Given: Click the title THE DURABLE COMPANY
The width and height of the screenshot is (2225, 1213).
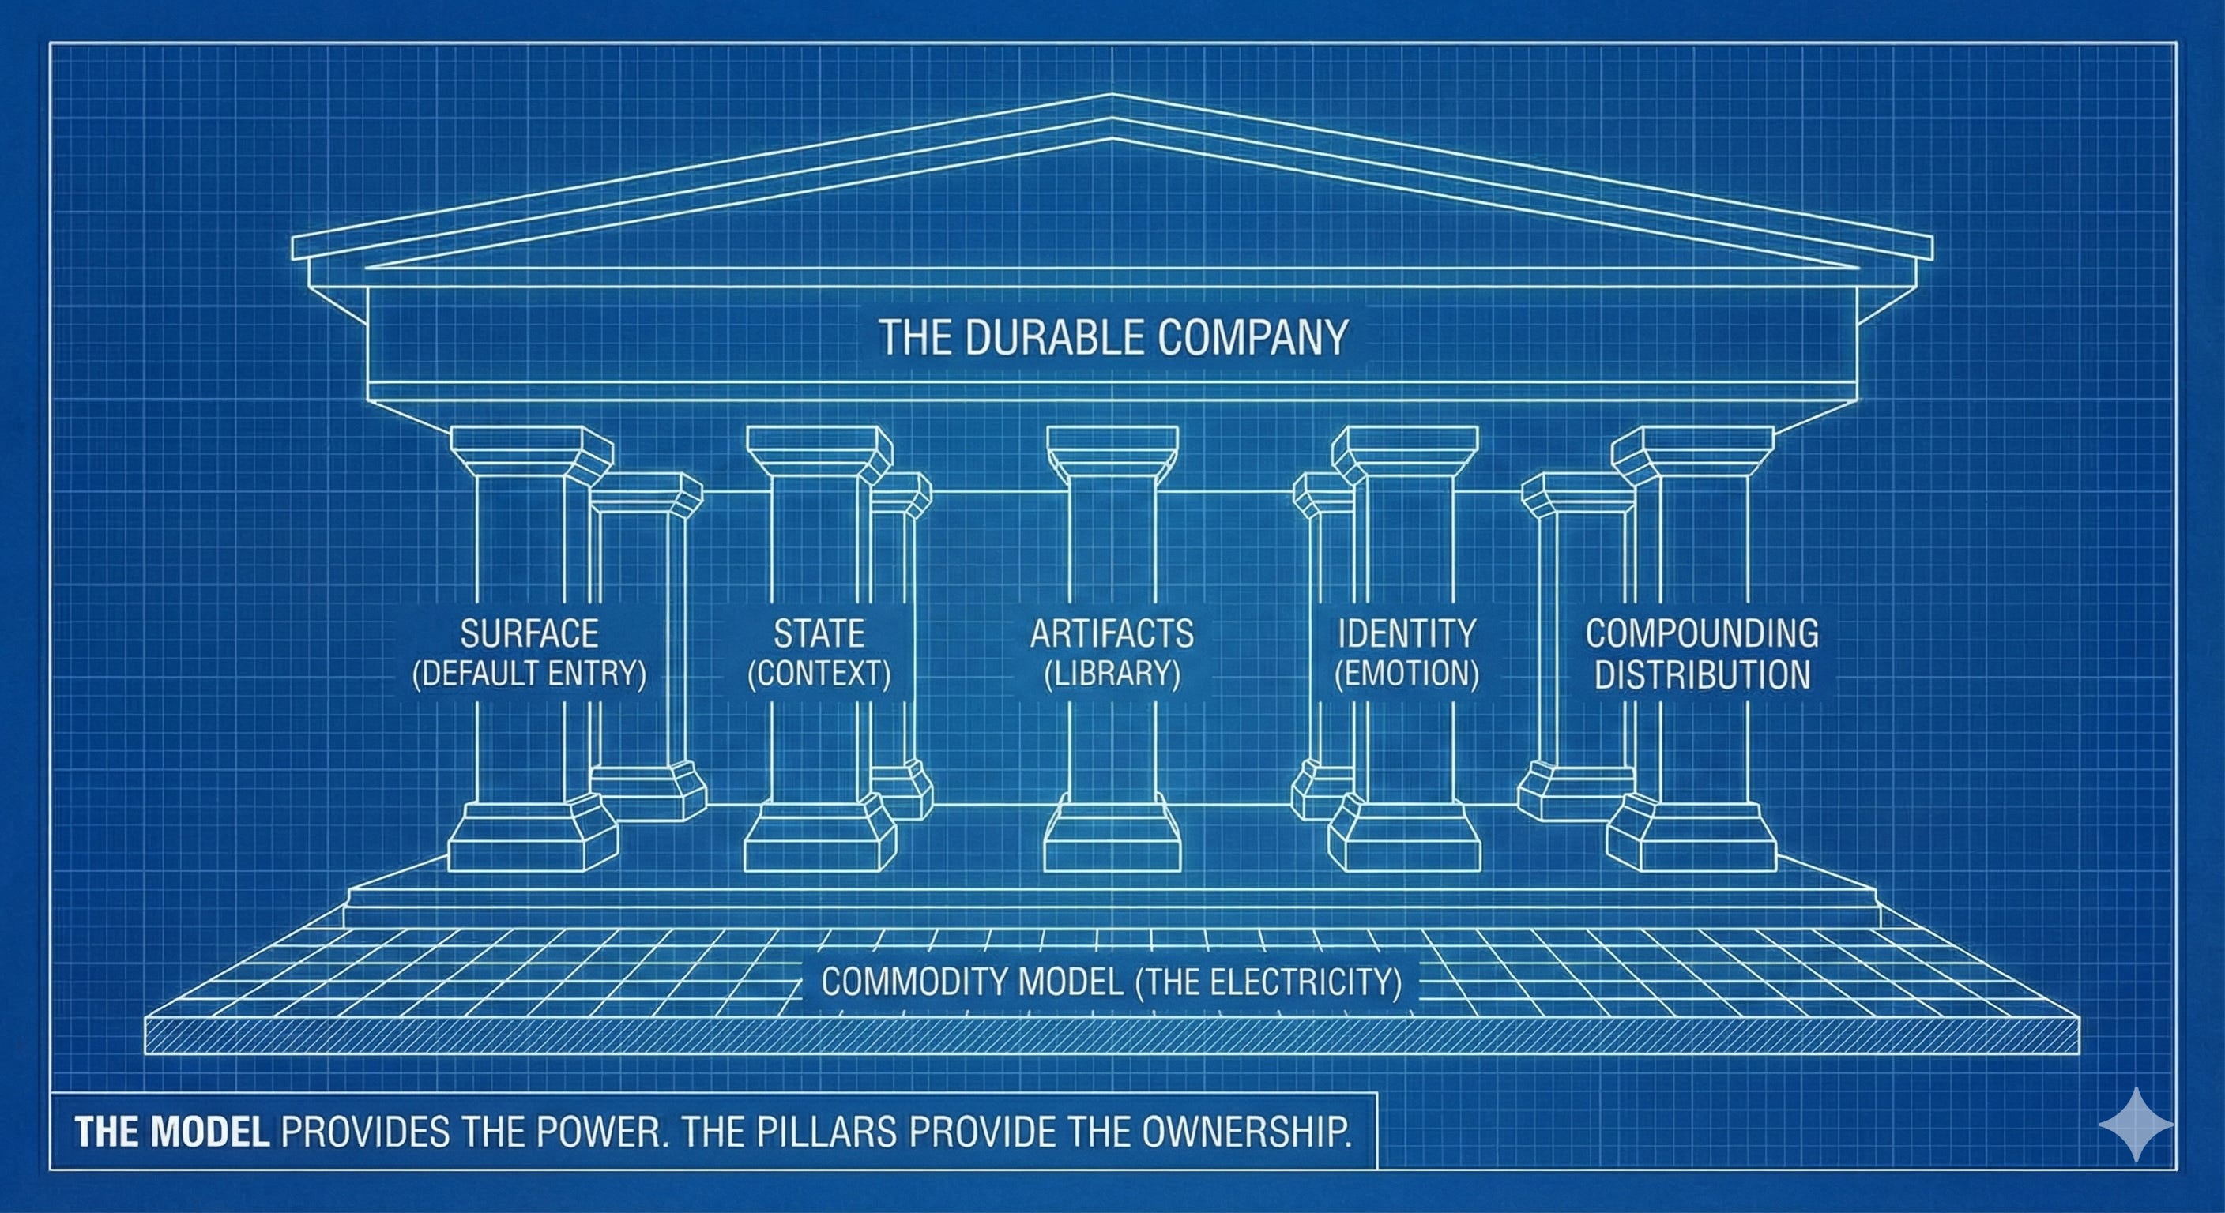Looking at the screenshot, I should tap(1112, 337).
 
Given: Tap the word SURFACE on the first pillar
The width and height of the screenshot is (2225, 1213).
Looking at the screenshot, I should tap(529, 633).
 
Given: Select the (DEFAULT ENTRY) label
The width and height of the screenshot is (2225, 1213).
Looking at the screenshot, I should tap(529, 674).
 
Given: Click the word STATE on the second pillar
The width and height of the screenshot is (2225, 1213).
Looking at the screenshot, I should tap(819, 633).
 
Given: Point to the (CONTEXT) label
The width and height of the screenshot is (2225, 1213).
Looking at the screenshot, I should tap(819, 674).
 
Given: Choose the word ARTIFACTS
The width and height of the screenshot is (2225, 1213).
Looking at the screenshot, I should tap(1112, 633).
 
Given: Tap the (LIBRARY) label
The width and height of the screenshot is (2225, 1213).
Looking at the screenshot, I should tap(1112, 674).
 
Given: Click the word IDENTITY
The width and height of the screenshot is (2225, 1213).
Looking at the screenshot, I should tap(1407, 633).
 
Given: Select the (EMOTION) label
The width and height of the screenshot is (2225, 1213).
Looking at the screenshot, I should tap(1407, 674).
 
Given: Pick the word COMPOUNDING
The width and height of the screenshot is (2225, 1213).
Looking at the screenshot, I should tap(1702, 633).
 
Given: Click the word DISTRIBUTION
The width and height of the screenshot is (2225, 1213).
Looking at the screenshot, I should tap(1702, 675).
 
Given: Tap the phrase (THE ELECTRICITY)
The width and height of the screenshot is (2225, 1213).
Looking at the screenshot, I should tap(1268, 982).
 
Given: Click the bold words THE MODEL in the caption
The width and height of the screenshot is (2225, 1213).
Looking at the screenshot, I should tap(173, 1132).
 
